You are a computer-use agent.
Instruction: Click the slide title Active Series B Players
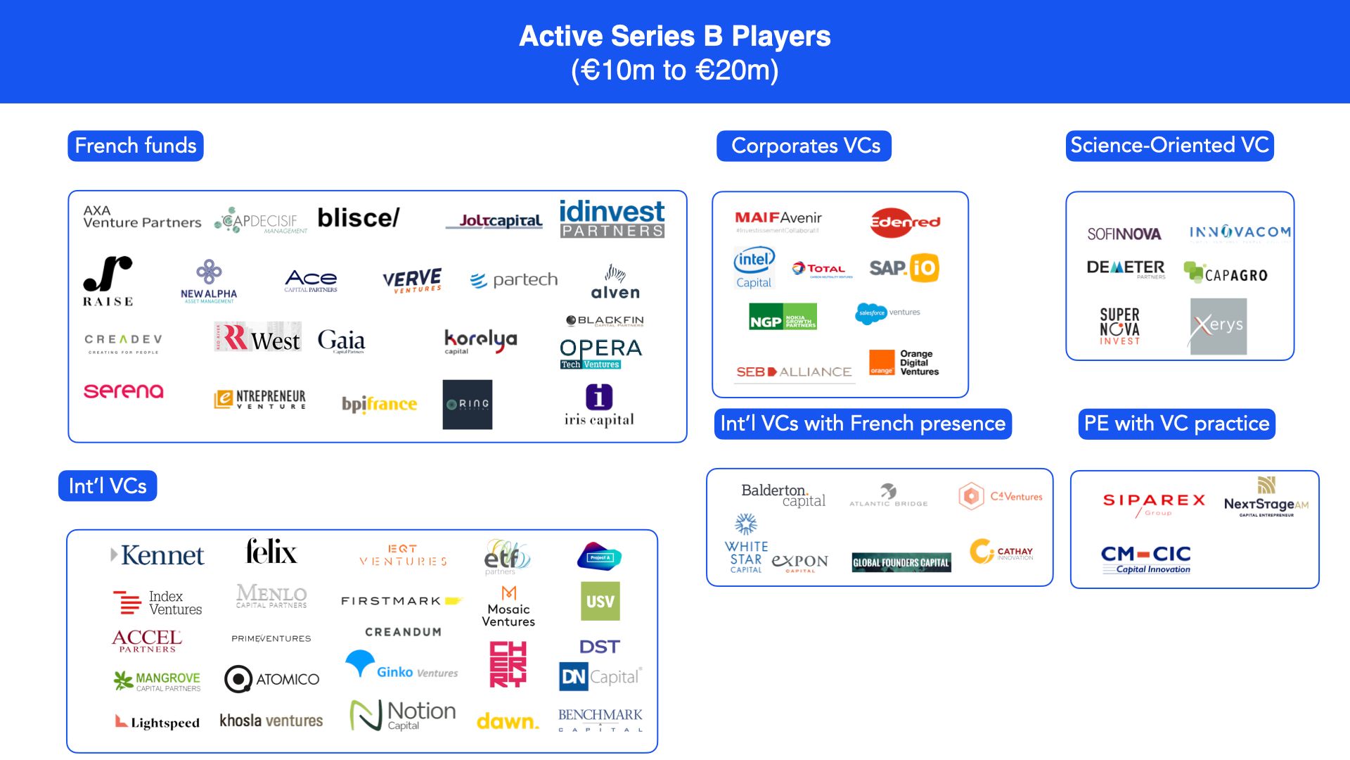coord(674,37)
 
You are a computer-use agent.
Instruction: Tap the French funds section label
coord(136,146)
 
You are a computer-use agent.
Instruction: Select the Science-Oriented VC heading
coord(1169,146)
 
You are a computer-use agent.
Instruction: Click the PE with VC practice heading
coord(1176,424)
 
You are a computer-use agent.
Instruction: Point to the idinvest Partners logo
coord(612,219)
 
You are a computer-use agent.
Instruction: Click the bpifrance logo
coord(379,404)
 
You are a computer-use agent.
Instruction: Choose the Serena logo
coord(124,391)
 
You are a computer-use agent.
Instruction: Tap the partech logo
coord(514,280)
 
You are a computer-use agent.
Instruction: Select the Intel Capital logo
coord(754,268)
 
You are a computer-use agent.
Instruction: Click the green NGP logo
coord(783,317)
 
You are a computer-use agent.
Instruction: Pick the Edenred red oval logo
coord(905,222)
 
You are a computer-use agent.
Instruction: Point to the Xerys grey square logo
coord(1218,326)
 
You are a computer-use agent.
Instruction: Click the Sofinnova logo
coord(1124,234)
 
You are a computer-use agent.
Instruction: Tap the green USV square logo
coord(600,601)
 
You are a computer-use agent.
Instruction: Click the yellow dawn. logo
coord(508,721)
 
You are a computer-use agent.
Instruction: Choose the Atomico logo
coord(271,679)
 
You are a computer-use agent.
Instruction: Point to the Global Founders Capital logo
coord(901,562)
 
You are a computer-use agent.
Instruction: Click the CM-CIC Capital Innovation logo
coord(1145,559)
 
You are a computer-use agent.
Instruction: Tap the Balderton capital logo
coord(783,495)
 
